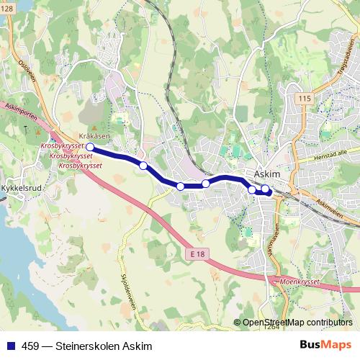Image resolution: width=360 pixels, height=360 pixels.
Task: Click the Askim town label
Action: pos(268,175)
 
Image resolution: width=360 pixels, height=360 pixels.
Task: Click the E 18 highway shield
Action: pos(199,255)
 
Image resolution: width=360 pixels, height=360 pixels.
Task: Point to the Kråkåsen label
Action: pos(94,135)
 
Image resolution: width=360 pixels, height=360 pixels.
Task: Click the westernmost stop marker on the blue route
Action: pos(90,147)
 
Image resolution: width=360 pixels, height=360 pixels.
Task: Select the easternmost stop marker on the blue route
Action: pos(265,189)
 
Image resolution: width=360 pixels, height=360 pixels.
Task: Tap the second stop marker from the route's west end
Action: pos(143,166)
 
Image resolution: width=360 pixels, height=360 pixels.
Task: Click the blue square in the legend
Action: pos(10,346)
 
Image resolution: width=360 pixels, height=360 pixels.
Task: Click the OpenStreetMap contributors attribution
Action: pos(297,323)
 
